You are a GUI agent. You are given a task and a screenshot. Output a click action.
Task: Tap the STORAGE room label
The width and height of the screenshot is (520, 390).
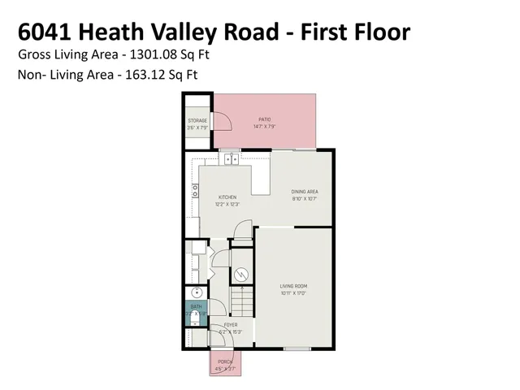click(x=197, y=121)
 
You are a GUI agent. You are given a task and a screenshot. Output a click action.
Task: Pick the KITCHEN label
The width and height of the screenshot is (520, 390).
click(x=227, y=197)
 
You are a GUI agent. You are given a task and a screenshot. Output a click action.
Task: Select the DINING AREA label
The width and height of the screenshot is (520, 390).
click(x=304, y=192)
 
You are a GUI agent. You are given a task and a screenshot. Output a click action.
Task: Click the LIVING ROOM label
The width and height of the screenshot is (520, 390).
click(x=293, y=287)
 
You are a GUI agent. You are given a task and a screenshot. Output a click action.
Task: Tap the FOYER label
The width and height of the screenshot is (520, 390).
click(x=231, y=324)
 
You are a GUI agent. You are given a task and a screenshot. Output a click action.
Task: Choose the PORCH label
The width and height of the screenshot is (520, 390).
click(x=224, y=362)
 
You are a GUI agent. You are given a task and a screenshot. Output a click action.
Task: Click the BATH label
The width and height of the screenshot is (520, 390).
click(x=196, y=307)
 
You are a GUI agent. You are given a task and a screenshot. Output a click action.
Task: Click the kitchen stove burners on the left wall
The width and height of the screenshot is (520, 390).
click(x=195, y=191)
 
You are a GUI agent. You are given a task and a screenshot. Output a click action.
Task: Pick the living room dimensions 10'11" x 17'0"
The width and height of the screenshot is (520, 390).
click(x=293, y=293)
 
